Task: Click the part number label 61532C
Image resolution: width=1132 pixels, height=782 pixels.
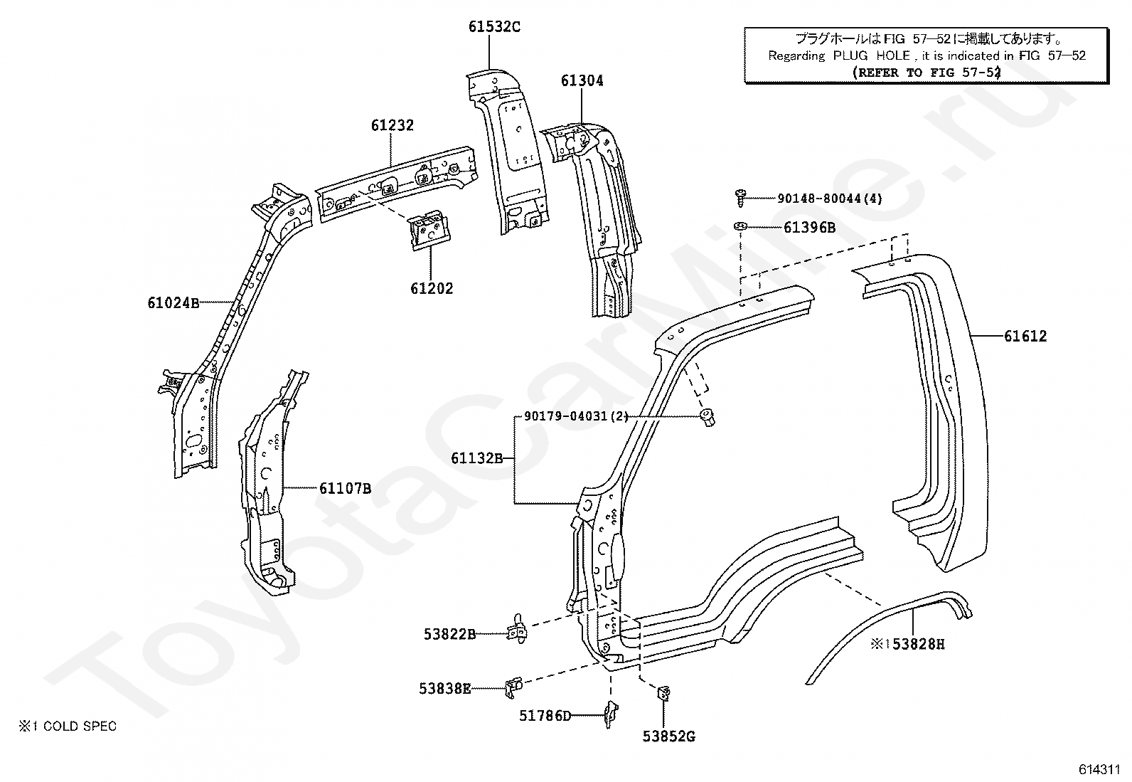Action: click(x=493, y=26)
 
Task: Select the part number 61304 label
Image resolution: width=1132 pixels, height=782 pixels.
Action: click(x=582, y=80)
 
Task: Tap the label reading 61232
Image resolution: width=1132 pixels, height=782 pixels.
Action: click(x=393, y=125)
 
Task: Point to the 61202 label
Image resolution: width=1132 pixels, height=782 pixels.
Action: click(x=432, y=288)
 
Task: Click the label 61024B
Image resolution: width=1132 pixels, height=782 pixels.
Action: click(x=173, y=302)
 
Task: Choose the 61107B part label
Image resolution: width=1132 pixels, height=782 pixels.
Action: click(x=345, y=488)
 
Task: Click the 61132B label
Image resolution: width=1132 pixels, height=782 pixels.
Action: click(x=477, y=458)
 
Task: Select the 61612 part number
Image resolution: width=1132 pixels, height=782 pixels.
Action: click(x=1025, y=336)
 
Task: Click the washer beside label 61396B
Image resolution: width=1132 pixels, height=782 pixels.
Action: click(x=741, y=226)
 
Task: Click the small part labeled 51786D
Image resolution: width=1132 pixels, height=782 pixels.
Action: click(x=612, y=714)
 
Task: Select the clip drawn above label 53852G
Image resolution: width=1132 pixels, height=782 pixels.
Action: click(x=663, y=692)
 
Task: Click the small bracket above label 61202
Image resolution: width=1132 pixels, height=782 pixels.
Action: click(x=429, y=231)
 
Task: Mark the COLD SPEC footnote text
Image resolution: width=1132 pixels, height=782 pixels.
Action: click(x=68, y=726)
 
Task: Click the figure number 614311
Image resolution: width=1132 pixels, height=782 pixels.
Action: click(x=1100, y=769)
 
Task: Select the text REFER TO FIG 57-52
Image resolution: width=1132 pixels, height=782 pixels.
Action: click(x=927, y=73)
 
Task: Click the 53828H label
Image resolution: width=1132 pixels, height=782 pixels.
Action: click(x=918, y=644)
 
